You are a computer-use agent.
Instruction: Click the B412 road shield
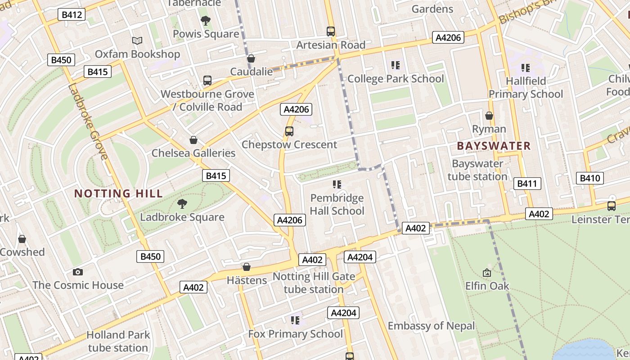(x=72, y=15)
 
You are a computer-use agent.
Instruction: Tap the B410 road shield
(x=589, y=178)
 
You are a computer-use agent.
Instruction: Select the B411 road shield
(x=527, y=184)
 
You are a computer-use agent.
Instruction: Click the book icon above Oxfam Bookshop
(x=137, y=41)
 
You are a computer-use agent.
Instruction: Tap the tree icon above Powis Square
(x=206, y=21)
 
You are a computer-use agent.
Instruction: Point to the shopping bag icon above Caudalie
(x=251, y=58)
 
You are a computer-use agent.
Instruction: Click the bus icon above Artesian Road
(x=331, y=31)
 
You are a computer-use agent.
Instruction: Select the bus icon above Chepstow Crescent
(x=289, y=131)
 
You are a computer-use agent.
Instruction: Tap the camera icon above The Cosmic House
(x=78, y=272)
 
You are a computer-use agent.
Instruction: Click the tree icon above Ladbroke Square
(x=182, y=204)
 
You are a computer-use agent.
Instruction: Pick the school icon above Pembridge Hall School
(x=337, y=184)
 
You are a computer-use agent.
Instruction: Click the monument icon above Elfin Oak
(x=487, y=273)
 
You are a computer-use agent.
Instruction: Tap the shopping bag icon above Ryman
(x=489, y=116)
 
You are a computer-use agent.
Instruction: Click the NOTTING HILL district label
(x=118, y=194)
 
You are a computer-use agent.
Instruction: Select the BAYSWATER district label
(x=494, y=146)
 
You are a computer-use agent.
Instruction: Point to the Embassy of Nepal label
(x=431, y=326)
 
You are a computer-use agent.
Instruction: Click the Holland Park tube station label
(x=118, y=341)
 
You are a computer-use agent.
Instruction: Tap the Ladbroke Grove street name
(x=88, y=121)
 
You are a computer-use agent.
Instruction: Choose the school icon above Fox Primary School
(x=295, y=320)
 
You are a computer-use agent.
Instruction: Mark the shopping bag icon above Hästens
(x=247, y=267)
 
